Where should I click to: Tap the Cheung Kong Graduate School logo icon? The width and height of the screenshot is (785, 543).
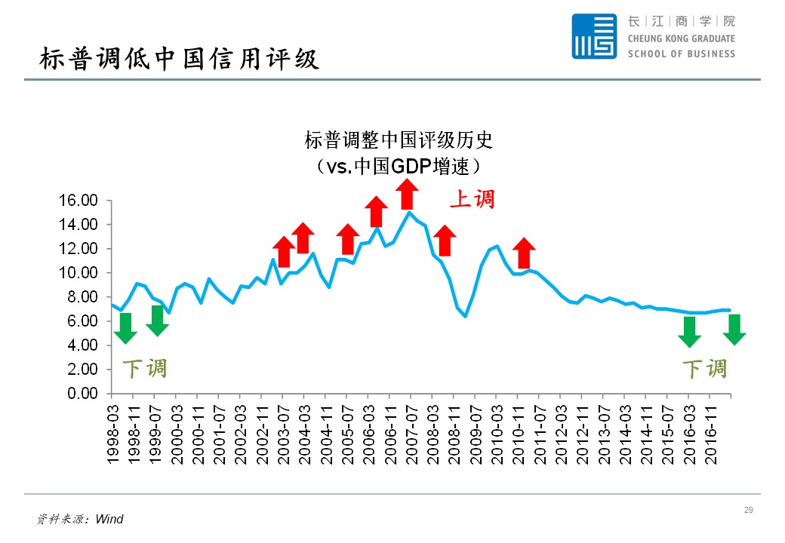pyautogui.click(x=594, y=36)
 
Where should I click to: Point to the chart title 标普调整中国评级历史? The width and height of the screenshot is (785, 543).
pyautogui.click(x=398, y=140)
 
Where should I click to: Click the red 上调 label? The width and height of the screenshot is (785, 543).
pyautogui.click(x=473, y=199)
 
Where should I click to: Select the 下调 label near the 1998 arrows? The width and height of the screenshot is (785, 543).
pyautogui.click(x=144, y=369)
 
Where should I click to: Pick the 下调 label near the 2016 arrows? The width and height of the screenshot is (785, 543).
pyautogui.click(x=704, y=369)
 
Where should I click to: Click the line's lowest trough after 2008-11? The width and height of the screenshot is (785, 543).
pyautogui.click(x=466, y=316)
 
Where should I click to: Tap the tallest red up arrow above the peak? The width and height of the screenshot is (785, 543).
pyautogui.click(x=407, y=195)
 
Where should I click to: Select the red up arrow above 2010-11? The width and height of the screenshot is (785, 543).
pyautogui.click(x=523, y=253)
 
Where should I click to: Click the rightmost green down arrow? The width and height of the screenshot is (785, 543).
pyautogui.click(x=734, y=330)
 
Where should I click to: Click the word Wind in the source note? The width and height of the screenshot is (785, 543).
pyautogui.click(x=109, y=519)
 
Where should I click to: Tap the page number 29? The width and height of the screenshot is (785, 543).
pyautogui.click(x=749, y=511)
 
